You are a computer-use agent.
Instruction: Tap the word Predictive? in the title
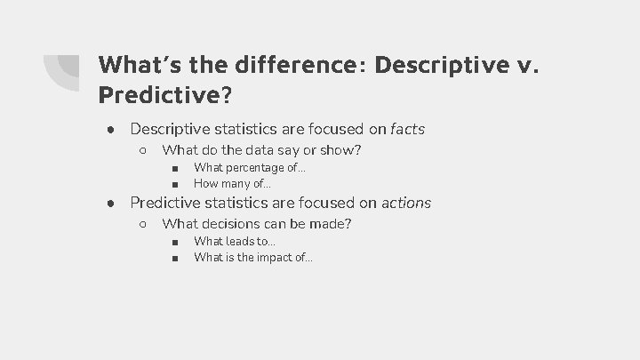coord(163,93)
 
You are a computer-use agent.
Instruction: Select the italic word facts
coord(407,130)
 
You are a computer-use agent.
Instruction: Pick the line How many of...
coord(232,184)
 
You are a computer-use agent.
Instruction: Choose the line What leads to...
coord(235,241)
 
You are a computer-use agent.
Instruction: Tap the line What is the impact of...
coord(253,258)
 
